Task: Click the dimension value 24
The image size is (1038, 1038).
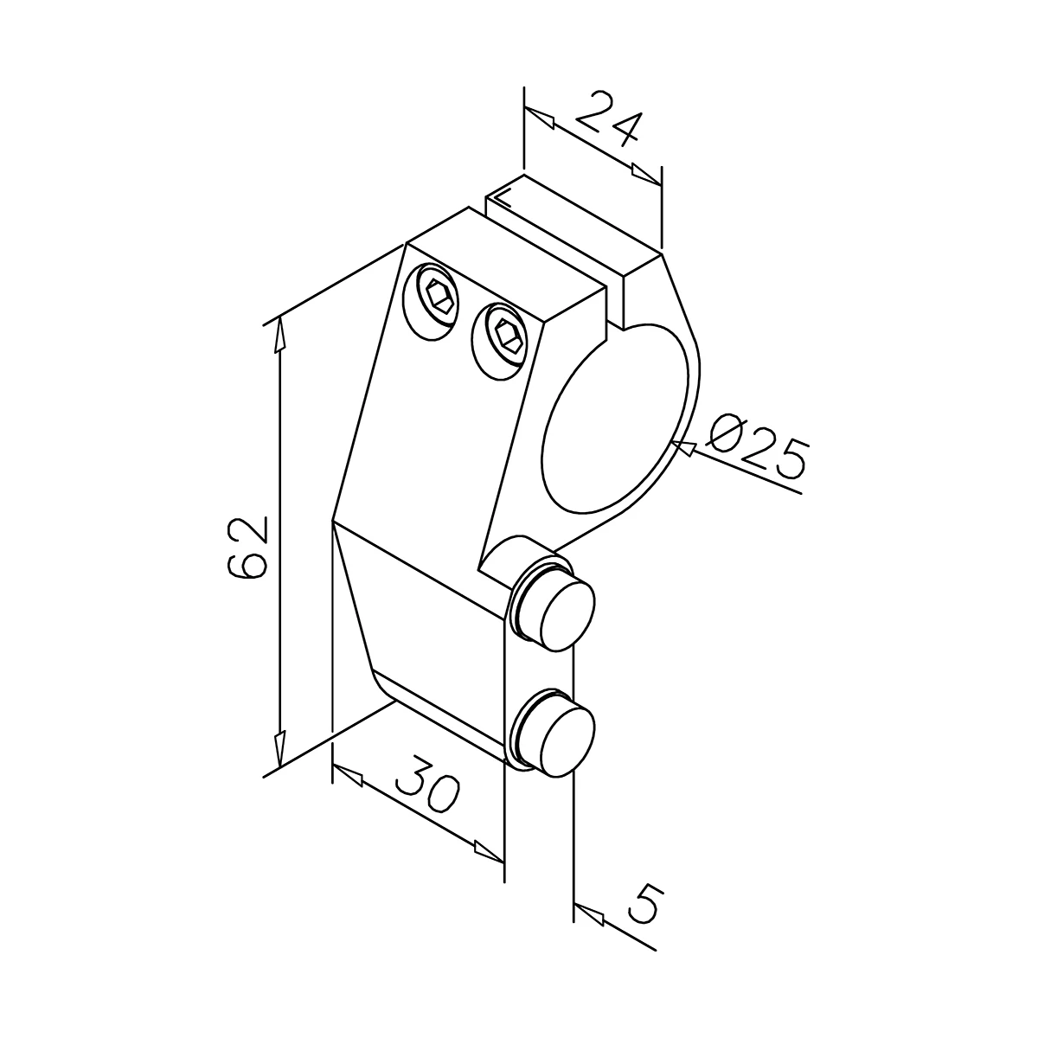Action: [x=606, y=120]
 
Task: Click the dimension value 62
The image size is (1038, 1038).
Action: [x=248, y=547]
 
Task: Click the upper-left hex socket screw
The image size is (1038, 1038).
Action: [x=433, y=302]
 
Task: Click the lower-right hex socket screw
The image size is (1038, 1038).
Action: [x=501, y=341]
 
